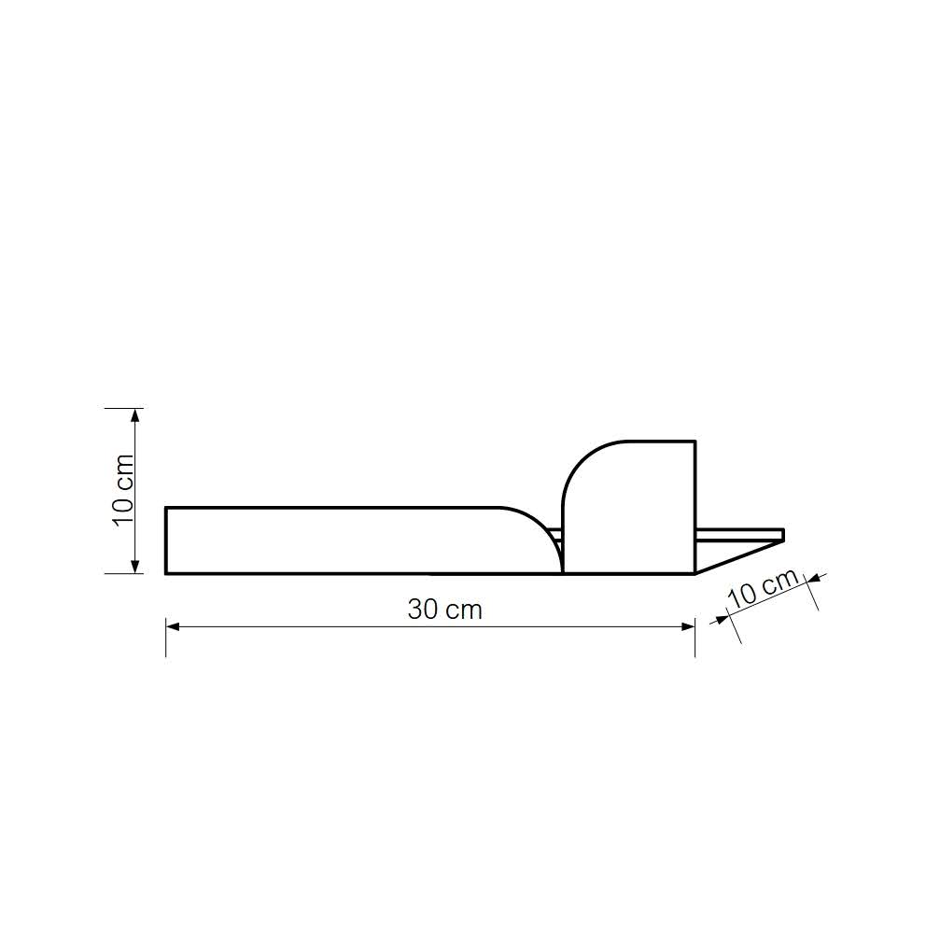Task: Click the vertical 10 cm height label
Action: pyautogui.click(x=122, y=490)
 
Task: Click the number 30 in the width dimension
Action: pyautogui.click(x=423, y=610)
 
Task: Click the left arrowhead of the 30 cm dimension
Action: pyautogui.click(x=172, y=626)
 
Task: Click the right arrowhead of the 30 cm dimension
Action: pyautogui.click(x=689, y=626)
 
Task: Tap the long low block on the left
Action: pyautogui.click(x=336, y=540)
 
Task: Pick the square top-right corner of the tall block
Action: pyautogui.click(x=694, y=442)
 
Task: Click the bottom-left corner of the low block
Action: pyautogui.click(x=167, y=572)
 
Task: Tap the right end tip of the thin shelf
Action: pyautogui.click(x=782, y=535)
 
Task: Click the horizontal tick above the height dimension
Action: pyautogui.click(x=121, y=408)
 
